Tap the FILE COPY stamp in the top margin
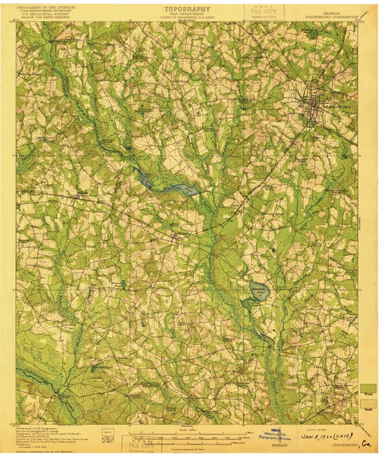coord(264,10)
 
